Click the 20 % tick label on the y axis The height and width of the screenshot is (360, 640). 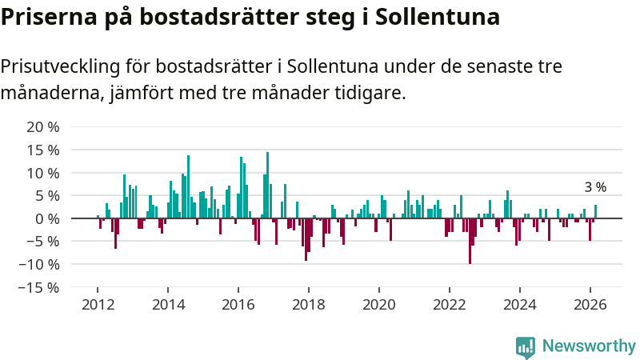coord(43,127)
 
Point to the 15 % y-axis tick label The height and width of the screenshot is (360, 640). coord(43,150)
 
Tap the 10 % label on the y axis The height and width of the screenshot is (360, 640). coord(43,173)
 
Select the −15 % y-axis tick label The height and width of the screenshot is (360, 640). coord(40,287)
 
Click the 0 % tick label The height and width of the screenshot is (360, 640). coord(47,218)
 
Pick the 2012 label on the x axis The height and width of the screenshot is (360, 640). coord(98,304)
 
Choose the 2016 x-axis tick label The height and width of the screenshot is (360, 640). coord(238,304)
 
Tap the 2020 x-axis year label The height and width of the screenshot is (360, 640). coord(378,304)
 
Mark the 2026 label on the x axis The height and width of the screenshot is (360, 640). coord(590,304)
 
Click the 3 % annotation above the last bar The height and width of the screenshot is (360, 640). coord(595,187)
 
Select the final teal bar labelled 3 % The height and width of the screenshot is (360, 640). coord(595,212)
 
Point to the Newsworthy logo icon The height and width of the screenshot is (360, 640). coord(526,346)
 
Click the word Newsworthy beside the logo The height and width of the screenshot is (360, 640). coord(589,346)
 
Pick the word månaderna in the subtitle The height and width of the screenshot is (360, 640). coord(50,94)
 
